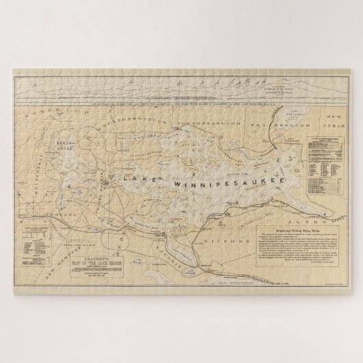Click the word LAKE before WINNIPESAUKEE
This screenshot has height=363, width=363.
pos(140,176)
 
